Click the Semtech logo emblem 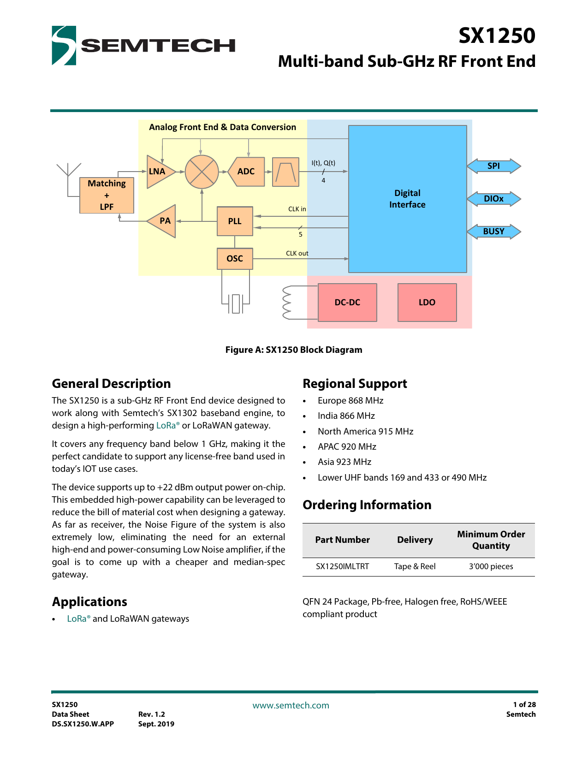coord(64,45)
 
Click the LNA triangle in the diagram coord(159,172)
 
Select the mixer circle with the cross coord(202,172)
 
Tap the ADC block coord(246,172)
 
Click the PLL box coord(235,221)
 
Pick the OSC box coord(235,259)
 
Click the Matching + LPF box coord(107,195)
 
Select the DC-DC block coord(347,303)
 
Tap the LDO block coord(427,303)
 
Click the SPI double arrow coord(493,166)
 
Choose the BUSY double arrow coord(493,232)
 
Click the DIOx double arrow coord(493,199)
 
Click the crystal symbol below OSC coord(236,303)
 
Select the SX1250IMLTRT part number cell coord(342,566)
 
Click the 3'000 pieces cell coord(491,566)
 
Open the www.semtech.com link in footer coord(291,705)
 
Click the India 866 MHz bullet coord(346,416)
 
